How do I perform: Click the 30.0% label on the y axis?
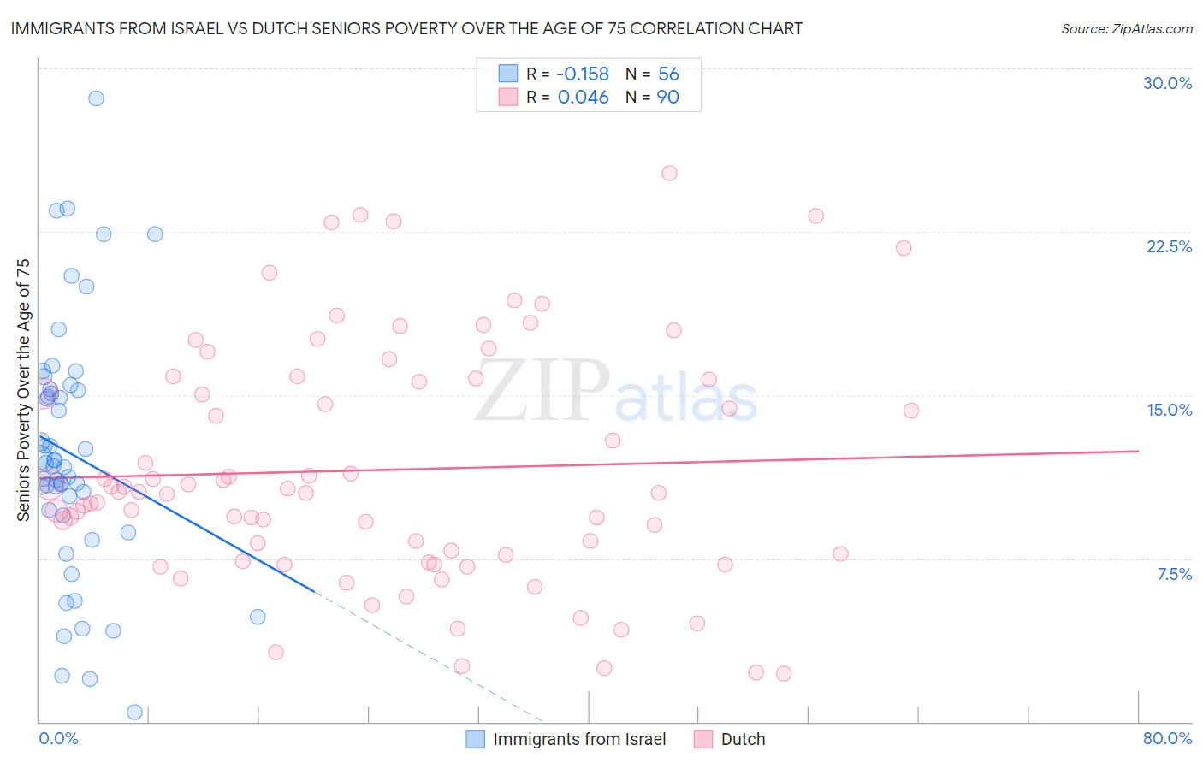pos(1167,83)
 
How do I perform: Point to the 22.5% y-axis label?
pos(1169,246)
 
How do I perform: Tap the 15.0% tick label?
pos(1169,410)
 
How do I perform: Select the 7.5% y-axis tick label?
pos(1174,574)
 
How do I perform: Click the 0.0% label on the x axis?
pos(58,738)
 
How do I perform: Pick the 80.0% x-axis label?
pos(1167,738)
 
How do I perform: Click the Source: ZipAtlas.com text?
pos(1126,29)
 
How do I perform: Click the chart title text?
pos(406,29)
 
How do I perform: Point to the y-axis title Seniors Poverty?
pos(24,389)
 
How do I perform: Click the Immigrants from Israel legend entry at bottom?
pos(579,739)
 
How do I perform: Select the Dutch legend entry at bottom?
pos(743,739)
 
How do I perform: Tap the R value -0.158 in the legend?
pos(583,74)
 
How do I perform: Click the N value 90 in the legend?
pos(667,98)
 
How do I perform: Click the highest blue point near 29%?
pos(96,98)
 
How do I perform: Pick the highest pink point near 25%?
pos(669,173)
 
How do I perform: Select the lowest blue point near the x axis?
pos(134,712)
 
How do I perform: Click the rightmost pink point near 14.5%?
pos(911,411)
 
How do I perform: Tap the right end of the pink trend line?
pos(1138,451)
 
